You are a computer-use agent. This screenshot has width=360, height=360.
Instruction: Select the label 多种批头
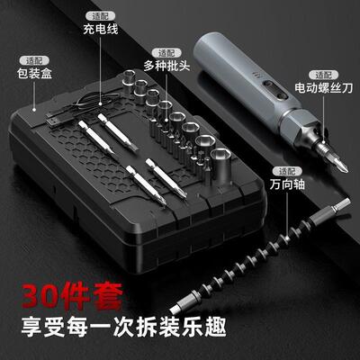167,66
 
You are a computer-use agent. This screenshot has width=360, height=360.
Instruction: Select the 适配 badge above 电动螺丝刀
321,74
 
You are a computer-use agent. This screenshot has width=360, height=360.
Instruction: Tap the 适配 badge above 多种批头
166,52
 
